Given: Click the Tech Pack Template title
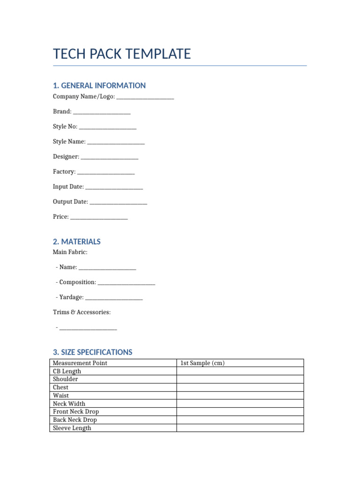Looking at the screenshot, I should (122, 54).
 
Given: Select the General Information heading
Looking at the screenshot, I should (99, 85).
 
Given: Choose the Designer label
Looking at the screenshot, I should (66, 157).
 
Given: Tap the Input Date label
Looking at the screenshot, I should (68, 187).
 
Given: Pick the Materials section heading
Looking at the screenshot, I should (77, 242).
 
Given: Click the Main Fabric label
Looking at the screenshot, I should (70, 252).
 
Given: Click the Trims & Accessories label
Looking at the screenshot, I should (82, 312).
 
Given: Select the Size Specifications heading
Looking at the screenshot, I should (93, 352).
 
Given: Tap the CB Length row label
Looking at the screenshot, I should (67, 371).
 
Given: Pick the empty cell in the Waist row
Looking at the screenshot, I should (240, 396).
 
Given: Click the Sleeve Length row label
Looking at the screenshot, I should (72, 428).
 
